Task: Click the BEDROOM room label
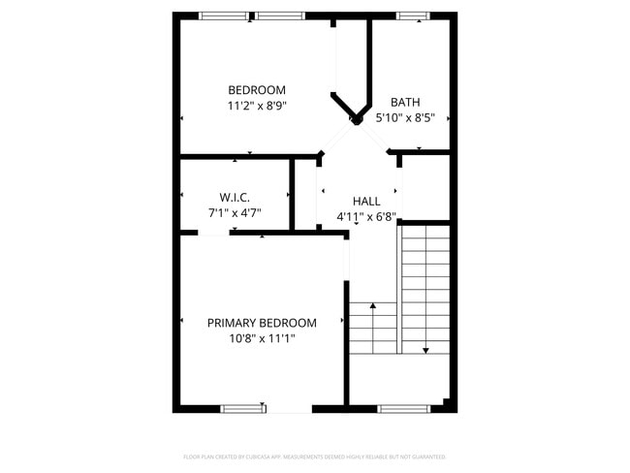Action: (x=256, y=90)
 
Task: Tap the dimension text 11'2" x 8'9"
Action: (x=256, y=106)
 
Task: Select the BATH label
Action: (x=404, y=102)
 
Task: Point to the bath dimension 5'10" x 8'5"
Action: (x=405, y=117)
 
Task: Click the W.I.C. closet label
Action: (x=235, y=197)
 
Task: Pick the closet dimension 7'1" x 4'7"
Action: (x=235, y=212)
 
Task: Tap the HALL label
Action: (x=365, y=201)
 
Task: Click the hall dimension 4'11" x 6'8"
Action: (x=365, y=216)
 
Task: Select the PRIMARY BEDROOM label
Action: (x=262, y=323)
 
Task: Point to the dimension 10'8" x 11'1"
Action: (x=262, y=338)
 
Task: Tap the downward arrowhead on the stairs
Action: (x=425, y=349)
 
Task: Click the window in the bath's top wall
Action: (x=412, y=16)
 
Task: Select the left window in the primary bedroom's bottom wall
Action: (x=243, y=408)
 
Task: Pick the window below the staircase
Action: (x=403, y=408)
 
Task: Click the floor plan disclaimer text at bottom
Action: (x=314, y=457)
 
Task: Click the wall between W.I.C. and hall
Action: (x=293, y=194)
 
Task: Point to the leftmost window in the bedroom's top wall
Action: (x=223, y=16)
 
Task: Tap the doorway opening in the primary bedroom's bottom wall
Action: (x=289, y=408)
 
